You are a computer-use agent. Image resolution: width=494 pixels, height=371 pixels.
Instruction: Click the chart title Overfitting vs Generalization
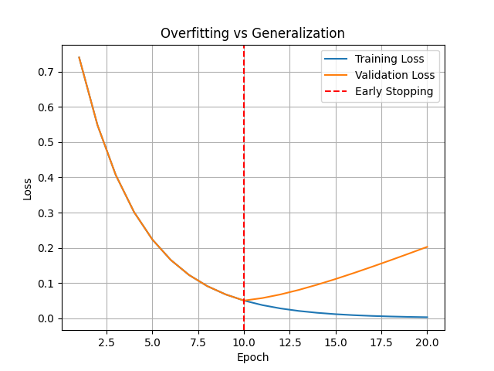[252, 33]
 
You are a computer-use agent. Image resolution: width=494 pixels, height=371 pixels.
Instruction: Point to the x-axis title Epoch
[253, 357]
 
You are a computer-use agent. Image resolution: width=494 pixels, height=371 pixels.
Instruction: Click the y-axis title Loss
[28, 189]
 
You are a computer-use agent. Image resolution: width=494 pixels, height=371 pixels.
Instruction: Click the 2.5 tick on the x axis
[107, 342]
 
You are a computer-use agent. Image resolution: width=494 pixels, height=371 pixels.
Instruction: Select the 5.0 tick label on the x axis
[152, 342]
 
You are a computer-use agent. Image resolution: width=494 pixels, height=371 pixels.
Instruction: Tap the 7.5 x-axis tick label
[198, 342]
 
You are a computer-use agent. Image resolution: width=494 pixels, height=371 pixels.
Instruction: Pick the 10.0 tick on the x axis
[244, 342]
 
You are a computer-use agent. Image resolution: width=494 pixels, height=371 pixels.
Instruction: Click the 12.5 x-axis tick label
[289, 342]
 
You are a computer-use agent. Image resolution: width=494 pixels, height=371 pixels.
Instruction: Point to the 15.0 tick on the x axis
[335, 342]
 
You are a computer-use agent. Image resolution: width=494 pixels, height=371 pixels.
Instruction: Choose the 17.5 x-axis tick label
[381, 342]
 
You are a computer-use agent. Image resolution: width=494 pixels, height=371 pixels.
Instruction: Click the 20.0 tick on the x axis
[427, 342]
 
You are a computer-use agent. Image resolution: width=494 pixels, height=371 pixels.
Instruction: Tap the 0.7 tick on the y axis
[48, 72]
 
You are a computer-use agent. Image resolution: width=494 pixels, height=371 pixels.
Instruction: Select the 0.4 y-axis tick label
[48, 178]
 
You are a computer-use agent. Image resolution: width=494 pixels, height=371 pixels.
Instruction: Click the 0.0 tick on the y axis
[48, 318]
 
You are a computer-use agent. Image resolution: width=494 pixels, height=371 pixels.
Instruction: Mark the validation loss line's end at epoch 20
[427, 247]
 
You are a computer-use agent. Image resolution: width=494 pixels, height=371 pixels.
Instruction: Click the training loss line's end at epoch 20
[427, 317]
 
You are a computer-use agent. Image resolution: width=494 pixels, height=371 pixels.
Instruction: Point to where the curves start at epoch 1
[79, 57]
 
